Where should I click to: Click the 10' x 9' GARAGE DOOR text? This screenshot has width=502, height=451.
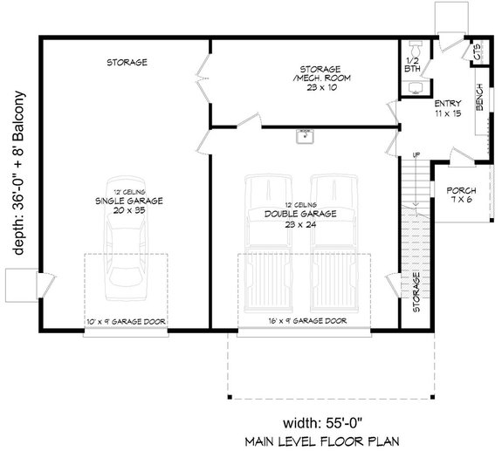(x=126, y=321)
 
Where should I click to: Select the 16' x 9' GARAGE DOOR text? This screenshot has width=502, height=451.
(x=306, y=321)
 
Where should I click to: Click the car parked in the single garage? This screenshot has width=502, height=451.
(x=126, y=256)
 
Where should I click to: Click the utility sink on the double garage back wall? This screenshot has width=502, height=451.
(x=305, y=136)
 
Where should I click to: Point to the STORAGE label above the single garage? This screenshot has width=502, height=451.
(x=127, y=63)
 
